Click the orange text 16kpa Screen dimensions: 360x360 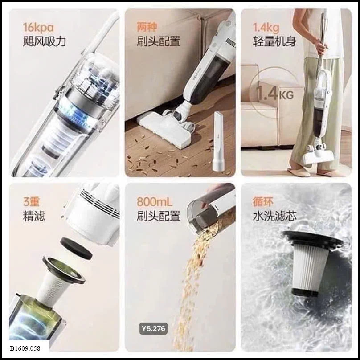[38, 28]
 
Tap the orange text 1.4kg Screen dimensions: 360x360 [266, 28]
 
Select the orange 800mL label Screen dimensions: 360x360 [155, 202]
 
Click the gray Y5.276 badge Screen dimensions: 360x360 [153, 328]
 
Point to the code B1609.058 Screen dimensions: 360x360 [25, 348]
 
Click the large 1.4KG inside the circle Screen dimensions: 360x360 [275, 94]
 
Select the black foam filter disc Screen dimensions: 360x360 [76, 248]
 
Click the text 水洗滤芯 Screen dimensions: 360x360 [274, 216]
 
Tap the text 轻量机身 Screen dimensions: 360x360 [274, 41]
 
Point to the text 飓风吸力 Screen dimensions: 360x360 [44, 41]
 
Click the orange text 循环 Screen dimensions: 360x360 [263, 202]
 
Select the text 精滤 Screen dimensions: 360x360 [34, 216]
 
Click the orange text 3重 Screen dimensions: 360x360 [31, 202]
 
